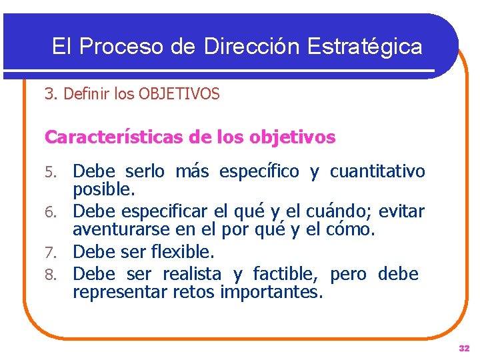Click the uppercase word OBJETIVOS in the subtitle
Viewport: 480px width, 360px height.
pos(179,95)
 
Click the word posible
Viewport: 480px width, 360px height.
pos(104,190)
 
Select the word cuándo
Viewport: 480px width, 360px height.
pos(339,213)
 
